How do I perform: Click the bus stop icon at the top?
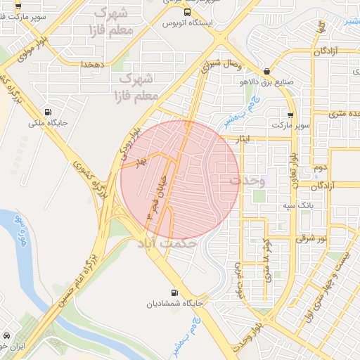186,13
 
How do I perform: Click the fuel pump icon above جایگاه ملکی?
47,111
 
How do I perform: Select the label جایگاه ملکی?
46,123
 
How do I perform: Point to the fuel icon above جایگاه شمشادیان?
174,292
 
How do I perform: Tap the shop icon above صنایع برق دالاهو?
266,72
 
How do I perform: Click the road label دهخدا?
92,65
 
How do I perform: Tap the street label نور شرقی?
312,239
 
